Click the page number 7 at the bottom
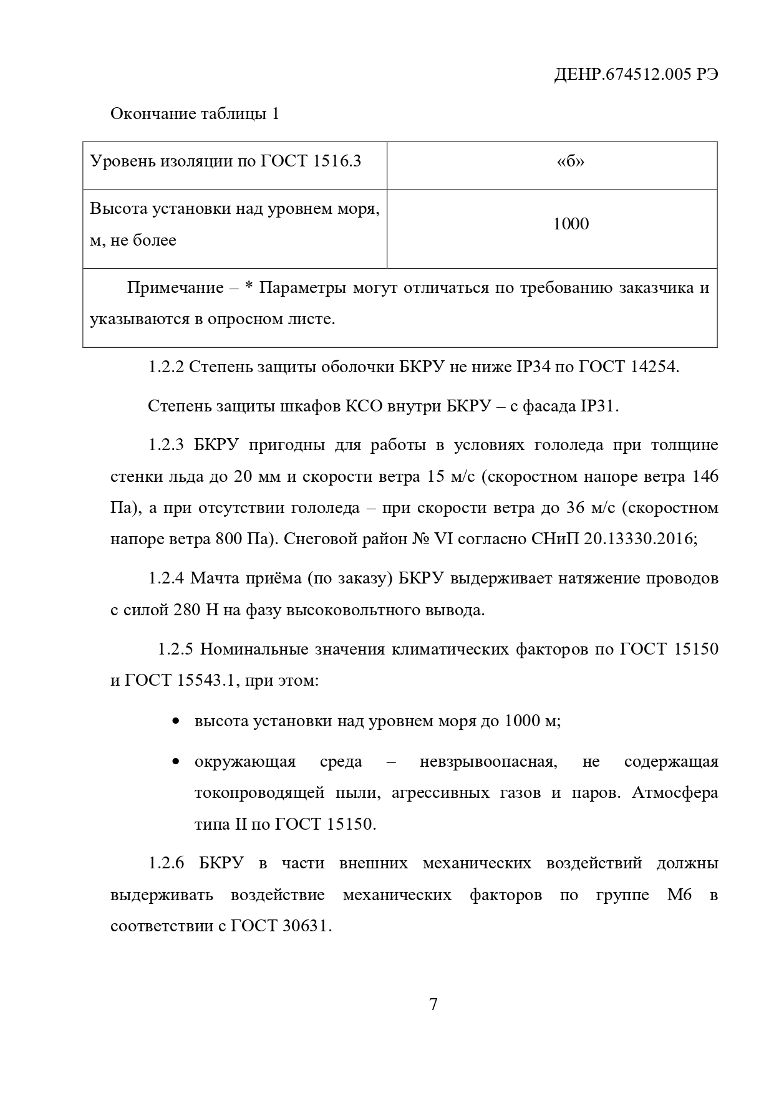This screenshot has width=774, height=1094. (x=433, y=1005)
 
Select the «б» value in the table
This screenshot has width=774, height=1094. (x=570, y=161)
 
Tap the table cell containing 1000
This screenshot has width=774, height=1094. (x=571, y=224)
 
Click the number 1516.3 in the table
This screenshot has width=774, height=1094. (x=338, y=161)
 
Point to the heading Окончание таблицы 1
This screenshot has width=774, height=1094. (x=195, y=114)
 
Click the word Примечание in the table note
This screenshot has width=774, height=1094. (x=175, y=288)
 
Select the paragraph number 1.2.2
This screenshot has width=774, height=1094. (x=166, y=367)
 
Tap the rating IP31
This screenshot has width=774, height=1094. (x=597, y=406)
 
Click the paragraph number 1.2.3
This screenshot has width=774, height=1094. (x=166, y=446)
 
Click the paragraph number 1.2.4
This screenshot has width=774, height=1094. (x=166, y=578)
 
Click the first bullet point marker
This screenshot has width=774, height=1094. (x=176, y=721)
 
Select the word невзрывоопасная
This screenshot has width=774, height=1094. (x=486, y=762)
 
